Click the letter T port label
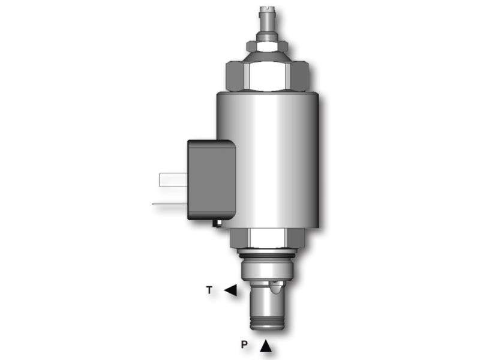click(209, 290)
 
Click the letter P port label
click(244, 345)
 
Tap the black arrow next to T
click(230, 290)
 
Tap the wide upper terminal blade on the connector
click(172, 178)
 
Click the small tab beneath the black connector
click(218, 223)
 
